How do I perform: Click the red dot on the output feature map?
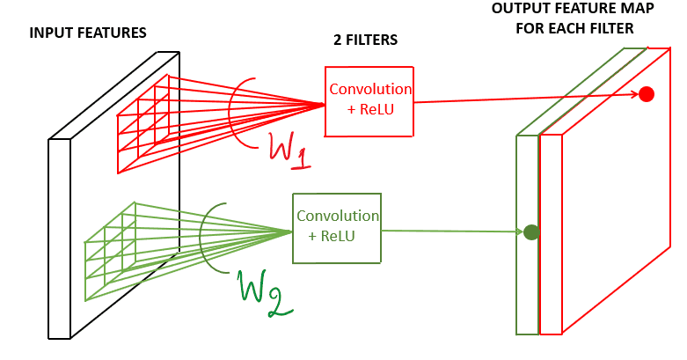pos(647,94)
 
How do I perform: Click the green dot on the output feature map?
pos(530,233)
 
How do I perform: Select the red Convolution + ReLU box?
pos(369,101)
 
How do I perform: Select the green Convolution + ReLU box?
pos(337,228)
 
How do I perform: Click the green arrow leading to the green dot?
pos(449,231)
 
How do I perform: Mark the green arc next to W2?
pos(201,233)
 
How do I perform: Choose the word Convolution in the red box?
pos(369,90)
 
